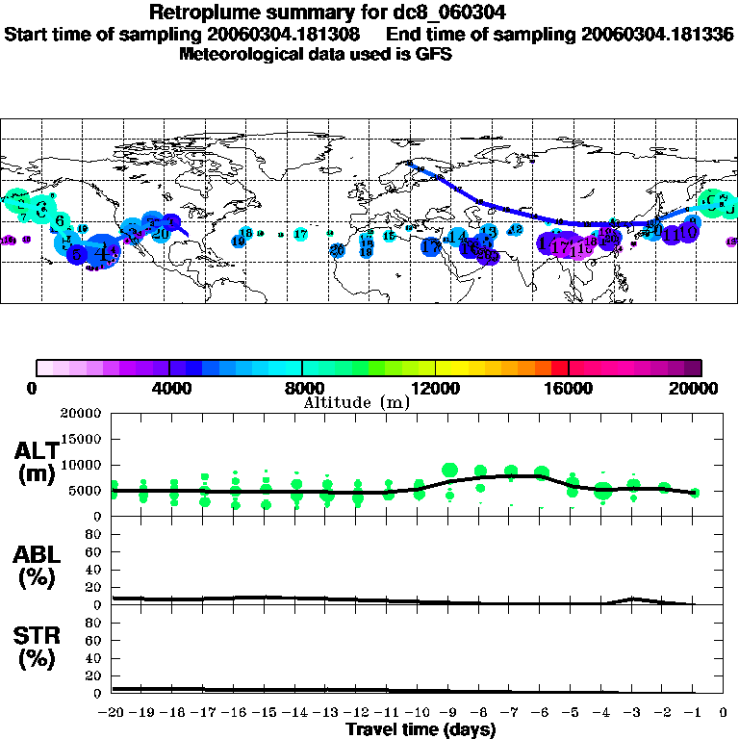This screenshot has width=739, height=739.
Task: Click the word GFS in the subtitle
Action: (x=434, y=54)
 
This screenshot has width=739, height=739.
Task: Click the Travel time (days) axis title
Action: (x=420, y=729)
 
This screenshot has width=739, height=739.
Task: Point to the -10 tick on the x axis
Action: (x=420, y=712)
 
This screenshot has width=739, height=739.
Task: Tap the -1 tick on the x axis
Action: (x=694, y=712)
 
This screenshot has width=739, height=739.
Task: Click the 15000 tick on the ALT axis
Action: (x=83, y=438)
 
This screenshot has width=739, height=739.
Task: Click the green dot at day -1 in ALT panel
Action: (x=695, y=492)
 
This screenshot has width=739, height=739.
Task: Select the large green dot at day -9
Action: (x=449, y=470)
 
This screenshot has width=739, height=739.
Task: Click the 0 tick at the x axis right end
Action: (x=725, y=712)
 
